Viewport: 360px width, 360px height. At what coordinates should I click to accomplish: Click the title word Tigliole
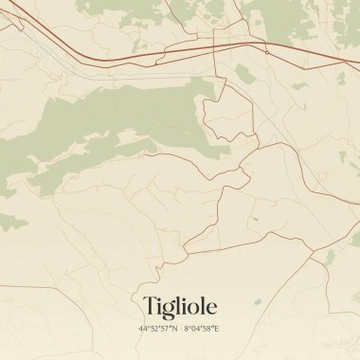coord(180,306)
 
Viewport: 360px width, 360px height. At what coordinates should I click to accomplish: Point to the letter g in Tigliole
coord(167,309)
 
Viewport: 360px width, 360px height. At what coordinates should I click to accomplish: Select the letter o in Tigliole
coord(193,307)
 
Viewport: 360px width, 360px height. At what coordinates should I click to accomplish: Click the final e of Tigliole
coord(210,307)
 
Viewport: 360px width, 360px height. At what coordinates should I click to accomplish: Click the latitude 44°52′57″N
coord(157,329)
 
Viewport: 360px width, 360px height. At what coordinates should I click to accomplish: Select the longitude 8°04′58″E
coord(202,329)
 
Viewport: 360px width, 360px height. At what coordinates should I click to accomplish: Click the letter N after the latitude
coord(174,329)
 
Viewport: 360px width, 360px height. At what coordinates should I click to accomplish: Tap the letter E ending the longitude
coord(218,329)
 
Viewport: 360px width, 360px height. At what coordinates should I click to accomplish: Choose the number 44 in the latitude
coord(143,329)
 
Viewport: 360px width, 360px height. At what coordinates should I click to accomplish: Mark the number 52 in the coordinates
coord(154,329)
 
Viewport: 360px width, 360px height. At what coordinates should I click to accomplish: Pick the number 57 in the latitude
coord(166,329)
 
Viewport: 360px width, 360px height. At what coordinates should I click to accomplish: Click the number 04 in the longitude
coord(195,329)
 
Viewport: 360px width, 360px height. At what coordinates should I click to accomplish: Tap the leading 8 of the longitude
coord(186,329)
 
